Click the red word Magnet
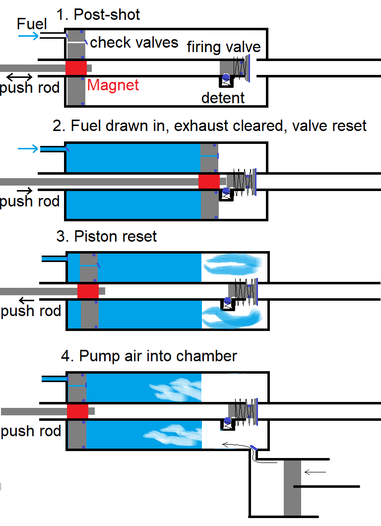pyautogui.click(x=113, y=85)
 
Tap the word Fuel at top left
pyautogui.click(x=32, y=23)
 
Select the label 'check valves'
pyautogui.click(x=134, y=42)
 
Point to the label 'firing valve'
pyautogui.click(x=224, y=47)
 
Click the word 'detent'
pyautogui.click(x=223, y=98)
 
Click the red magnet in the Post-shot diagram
pyautogui.click(x=76, y=68)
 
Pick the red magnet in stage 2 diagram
pyautogui.click(x=209, y=182)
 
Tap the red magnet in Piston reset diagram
pyautogui.click(x=88, y=291)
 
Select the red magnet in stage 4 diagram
pyautogui.click(x=77, y=411)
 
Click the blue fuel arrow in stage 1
pyautogui.click(x=29, y=36)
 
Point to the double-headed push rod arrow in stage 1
pyautogui.click(x=20, y=77)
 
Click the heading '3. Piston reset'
pyautogui.click(x=107, y=236)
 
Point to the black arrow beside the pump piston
pyautogui.click(x=315, y=472)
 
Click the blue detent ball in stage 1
pyautogui.click(x=226, y=77)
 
